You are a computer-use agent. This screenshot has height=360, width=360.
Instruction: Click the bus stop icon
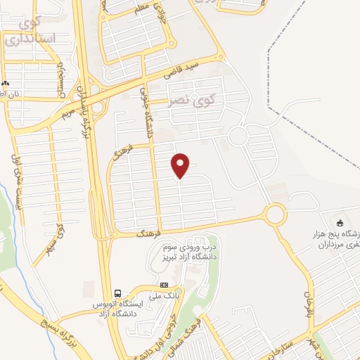pos(118,293)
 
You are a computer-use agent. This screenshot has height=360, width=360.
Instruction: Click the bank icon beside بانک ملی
pos(165,285)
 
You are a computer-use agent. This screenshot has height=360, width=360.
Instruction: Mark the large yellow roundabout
pos(275,212)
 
